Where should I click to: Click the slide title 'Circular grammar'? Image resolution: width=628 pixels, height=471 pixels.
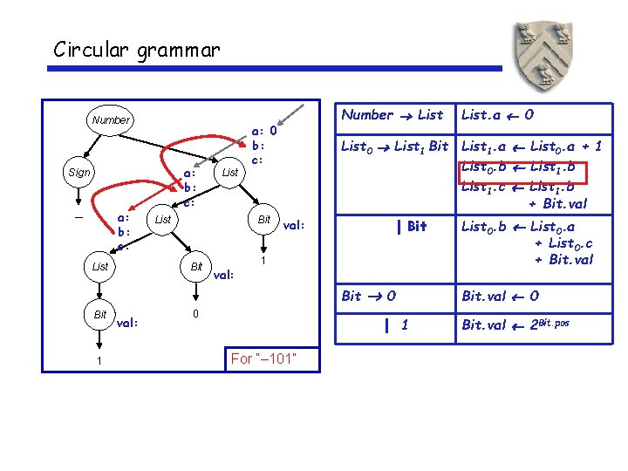click(136, 50)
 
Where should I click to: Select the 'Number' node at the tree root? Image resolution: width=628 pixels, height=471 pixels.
click(110, 120)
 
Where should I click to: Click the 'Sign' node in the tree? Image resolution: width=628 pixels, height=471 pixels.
click(78, 173)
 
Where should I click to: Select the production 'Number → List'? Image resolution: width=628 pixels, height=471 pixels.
click(392, 114)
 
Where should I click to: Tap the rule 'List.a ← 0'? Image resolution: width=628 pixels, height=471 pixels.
click(498, 114)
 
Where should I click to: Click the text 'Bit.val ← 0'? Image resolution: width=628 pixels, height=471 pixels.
click(500, 296)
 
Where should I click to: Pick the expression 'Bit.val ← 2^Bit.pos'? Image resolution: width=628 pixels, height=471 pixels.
click(515, 324)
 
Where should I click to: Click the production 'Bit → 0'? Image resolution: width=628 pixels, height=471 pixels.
click(369, 296)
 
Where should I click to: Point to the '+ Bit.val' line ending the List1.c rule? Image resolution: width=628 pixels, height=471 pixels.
click(557, 204)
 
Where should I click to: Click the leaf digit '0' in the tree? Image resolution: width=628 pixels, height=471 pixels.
click(196, 313)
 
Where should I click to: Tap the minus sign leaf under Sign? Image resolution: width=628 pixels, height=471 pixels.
click(78, 218)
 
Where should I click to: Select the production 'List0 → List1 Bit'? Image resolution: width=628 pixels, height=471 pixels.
click(394, 147)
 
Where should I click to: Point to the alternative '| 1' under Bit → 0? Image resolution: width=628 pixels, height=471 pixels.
click(397, 325)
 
